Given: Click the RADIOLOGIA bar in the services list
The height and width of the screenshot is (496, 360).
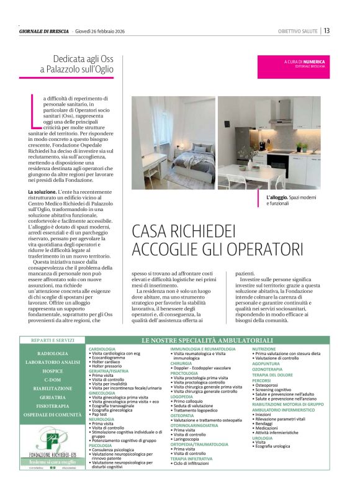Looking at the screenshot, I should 53,353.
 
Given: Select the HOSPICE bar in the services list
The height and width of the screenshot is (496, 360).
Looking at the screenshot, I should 53,371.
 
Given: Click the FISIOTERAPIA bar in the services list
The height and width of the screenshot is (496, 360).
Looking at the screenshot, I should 53,405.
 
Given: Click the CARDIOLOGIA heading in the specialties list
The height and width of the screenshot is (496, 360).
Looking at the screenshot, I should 106,349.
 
